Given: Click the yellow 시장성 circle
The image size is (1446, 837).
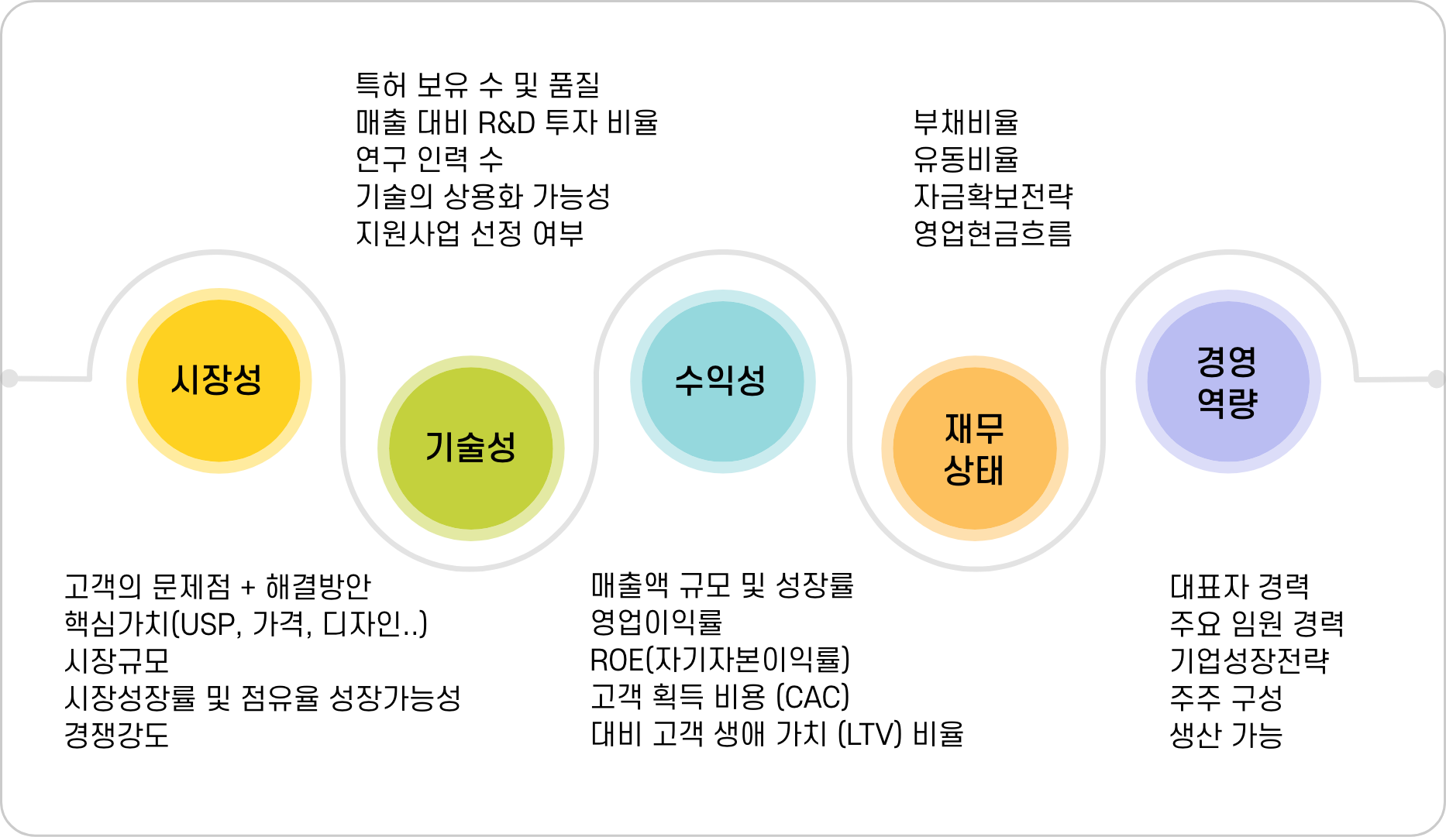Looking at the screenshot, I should click(219, 380).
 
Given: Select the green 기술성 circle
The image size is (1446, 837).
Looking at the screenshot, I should click(470, 448).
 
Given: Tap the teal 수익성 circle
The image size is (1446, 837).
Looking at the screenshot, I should click(722, 381).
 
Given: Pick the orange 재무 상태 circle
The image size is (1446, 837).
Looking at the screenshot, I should click(974, 448).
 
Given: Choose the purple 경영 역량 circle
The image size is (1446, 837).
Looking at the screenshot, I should click(1227, 381).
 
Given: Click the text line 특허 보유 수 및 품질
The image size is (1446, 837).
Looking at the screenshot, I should click(477, 84).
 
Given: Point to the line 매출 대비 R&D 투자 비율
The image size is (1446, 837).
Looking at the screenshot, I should click(507, 122).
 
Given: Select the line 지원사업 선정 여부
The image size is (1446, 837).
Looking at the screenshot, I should click(470, 233).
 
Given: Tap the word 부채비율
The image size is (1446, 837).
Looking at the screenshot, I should click(966, 122).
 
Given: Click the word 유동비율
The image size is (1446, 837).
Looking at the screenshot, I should click(966, 160).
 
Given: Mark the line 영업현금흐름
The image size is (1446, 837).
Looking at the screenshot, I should click(993, 233).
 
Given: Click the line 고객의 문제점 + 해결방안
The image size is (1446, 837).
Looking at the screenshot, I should click(218, 587).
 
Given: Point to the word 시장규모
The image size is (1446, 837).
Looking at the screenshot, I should click(117, 660).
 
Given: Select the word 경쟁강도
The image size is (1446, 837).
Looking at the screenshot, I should click(117, 735).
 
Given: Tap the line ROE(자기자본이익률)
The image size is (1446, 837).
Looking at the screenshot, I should click(720, 660).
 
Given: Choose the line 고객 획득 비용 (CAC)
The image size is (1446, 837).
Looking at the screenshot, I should click(720, 697).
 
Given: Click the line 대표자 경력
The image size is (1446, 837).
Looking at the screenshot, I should click(1239, 587).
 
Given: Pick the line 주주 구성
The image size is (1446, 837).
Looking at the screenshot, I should click(1226, 698).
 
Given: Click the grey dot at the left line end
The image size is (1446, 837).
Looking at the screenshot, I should click(9, 379).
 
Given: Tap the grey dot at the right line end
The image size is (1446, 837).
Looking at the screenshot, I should click(1436, 379).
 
